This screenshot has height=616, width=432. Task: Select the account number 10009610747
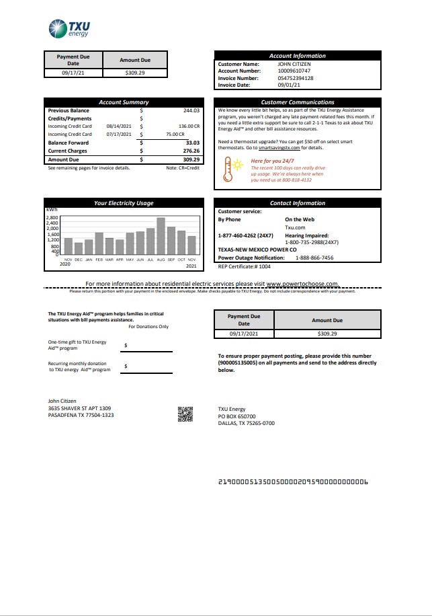coord(294,71)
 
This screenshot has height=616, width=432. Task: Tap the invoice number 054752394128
coord(296,78)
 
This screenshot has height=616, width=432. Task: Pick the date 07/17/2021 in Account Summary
coord(117,134)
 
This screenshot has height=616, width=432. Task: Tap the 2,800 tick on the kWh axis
coord(52,218)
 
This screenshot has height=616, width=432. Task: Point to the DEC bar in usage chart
coord(79,248)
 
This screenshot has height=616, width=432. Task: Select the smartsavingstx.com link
coord(297,147)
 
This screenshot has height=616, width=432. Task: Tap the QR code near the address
coord(185,414)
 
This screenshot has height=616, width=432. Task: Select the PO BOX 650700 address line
coord(236,416)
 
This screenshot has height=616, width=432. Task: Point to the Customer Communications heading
coord(297,102)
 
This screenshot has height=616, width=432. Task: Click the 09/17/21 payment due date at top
coord(73,71)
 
